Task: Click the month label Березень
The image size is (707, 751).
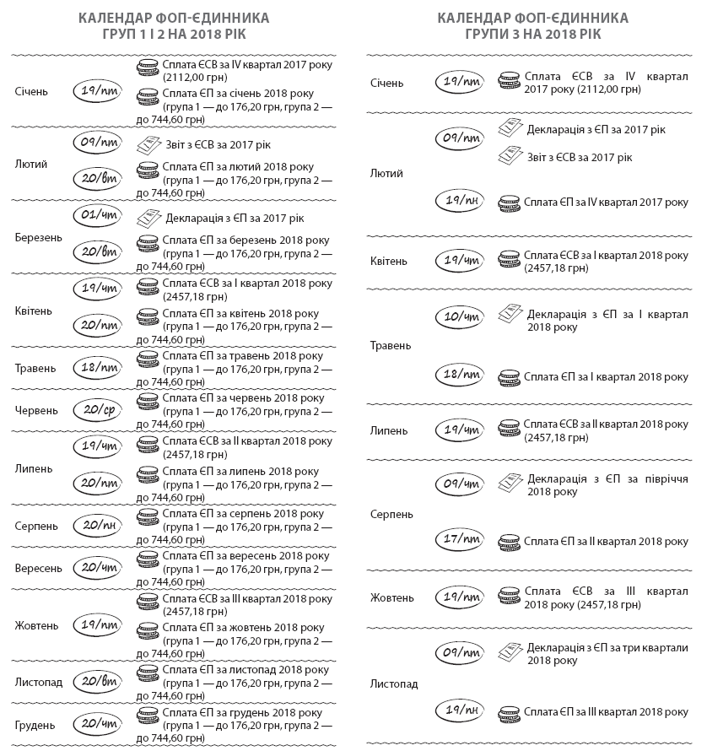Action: click(x=38, y=237)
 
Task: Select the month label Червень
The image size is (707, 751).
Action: click(x=36, y=410)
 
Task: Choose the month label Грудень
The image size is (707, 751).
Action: click(x=35, y=725)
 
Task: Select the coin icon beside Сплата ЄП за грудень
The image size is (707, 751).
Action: click(x=148, y=716)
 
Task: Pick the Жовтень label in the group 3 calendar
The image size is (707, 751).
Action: click(x=392, y=598)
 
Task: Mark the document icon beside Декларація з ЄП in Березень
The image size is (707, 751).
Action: click(x=148, y=218)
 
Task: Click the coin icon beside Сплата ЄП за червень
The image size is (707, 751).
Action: click(x=148, y=399)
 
